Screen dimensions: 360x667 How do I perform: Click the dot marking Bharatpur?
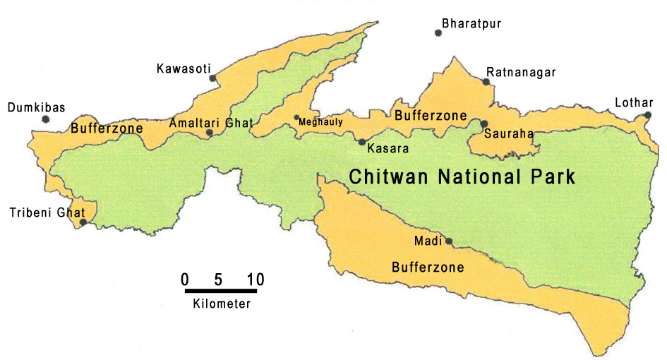(x=438, y=32)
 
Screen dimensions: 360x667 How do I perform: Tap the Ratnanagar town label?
(x=521, y=73)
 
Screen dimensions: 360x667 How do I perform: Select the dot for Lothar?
(x=648, y=115)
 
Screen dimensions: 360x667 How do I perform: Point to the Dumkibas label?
(x=36, y=108)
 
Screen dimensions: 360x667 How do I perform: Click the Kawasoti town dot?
(x=212, y=78)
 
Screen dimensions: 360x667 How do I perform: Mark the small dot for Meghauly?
(x=296, y=118)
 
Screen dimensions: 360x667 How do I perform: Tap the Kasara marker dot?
(x=362, y=142)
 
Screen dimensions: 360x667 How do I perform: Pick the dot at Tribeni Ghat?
(x=83, y=222)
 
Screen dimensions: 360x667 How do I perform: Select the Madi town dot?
(x=448, y=241)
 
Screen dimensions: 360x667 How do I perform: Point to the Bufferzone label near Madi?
(x=428, y=268)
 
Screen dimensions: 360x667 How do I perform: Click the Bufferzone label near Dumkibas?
(x=107, y=128)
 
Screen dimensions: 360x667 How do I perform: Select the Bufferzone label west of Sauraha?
(x=431, y=115)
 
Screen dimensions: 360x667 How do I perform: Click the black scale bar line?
(x=223, y=290)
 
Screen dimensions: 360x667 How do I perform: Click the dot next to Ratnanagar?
(x=486, y=82)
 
